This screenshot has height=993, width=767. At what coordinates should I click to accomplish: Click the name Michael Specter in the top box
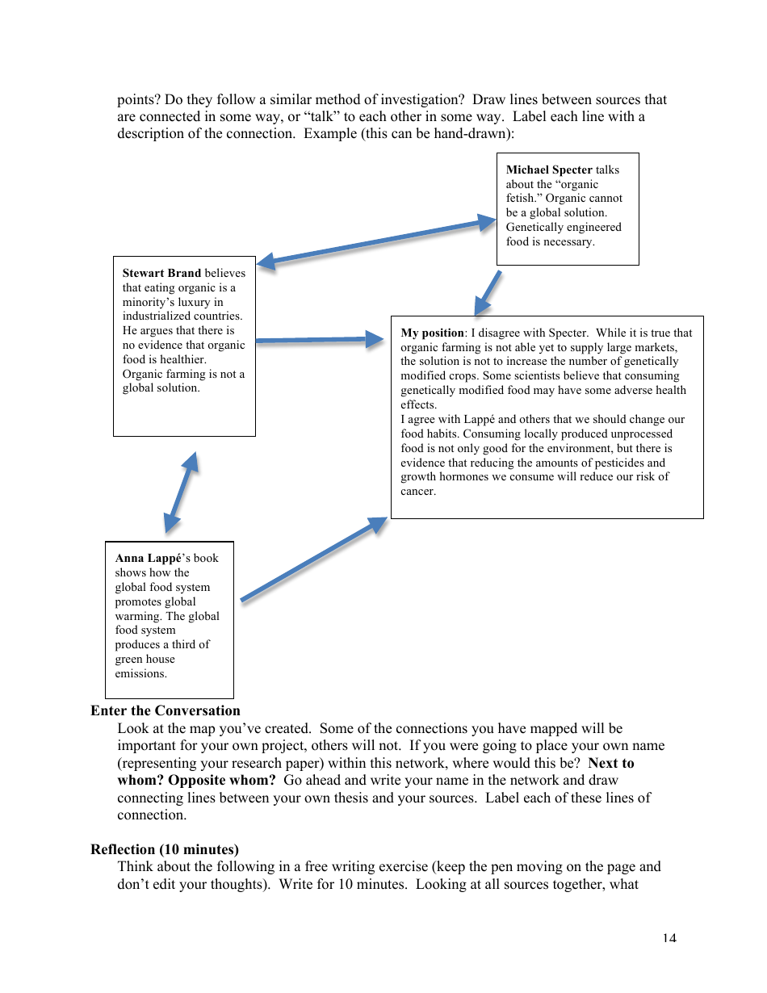click(x=549, y=170)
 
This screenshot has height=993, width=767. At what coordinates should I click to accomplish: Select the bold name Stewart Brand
click(x=161, y=273)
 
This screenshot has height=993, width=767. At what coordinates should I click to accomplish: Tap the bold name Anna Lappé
click(x=146, y=558)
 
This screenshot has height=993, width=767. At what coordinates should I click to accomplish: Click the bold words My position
click(x=432, y=333)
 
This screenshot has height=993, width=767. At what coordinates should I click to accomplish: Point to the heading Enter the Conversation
click(x=166, y=710)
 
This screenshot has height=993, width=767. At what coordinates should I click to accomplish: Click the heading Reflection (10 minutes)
click(x=165, y=849)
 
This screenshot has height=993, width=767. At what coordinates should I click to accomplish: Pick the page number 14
click(x=669, y=937)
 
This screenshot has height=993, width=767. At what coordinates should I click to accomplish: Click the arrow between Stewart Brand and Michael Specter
click(x=376, y=241)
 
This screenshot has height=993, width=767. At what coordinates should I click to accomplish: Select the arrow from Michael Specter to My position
click(x=488, y=292)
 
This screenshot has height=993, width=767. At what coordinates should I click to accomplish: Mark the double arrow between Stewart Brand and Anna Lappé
click(x=181, y=492)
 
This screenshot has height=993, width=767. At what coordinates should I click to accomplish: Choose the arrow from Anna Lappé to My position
click(x=313, y=559)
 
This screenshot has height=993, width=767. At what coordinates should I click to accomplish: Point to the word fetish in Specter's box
click(x=521, y=199)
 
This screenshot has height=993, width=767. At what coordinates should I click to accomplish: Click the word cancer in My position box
click(x=417, y=492)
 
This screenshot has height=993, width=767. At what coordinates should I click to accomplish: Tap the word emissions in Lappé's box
click(x=140, y=673)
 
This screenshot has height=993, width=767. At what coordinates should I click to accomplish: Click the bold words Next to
click(x=611, y=763)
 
